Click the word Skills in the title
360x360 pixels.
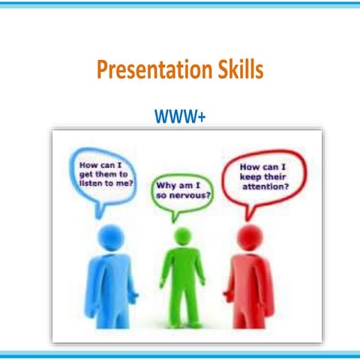tap(238, 70)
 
